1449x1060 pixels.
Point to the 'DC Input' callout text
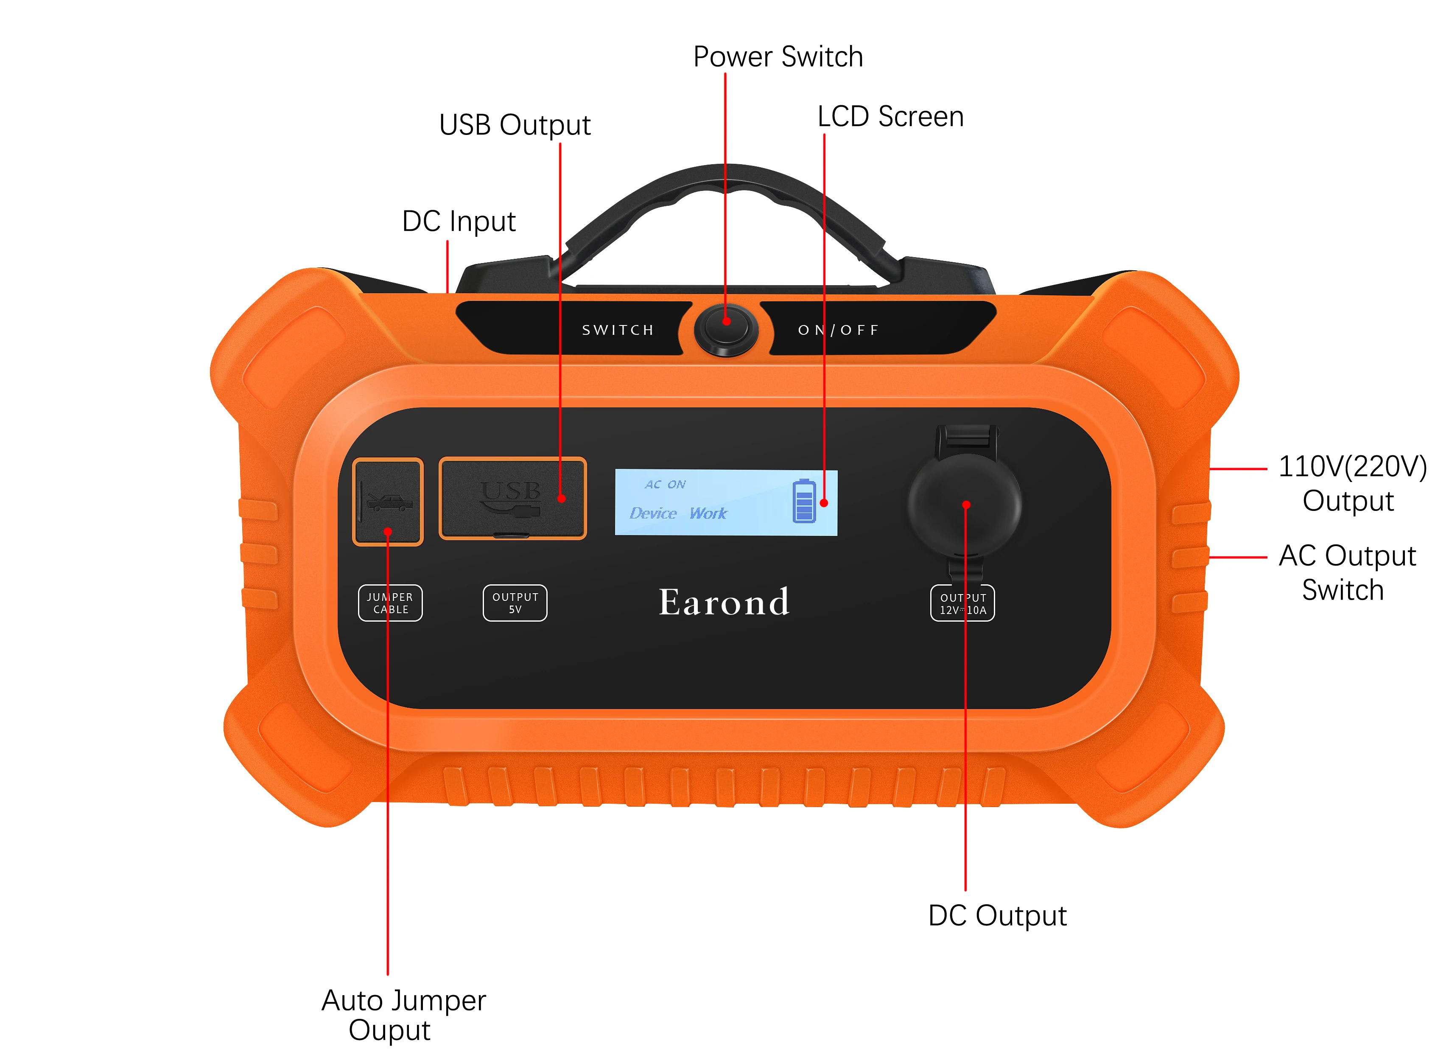(x=459, y=222)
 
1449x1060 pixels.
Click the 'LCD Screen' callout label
(x=890, y=117)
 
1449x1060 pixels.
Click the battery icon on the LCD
(x=804, y=501)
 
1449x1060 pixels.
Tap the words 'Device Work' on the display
(x=678, y=513)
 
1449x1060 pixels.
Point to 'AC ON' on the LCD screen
(x=665, y=485)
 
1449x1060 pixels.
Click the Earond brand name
(x=724, y=603)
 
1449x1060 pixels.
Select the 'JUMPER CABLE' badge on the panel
(x=390, y=603)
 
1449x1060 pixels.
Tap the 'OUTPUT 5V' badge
(x=515, y=603)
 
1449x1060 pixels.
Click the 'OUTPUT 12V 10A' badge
(x=962, y=603)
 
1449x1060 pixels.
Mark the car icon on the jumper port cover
(x=389, y=501)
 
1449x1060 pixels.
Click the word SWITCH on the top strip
(x=618, y=330)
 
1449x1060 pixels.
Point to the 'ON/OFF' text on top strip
(x=838, y=330)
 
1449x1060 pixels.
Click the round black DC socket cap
(x=964, y=504)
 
